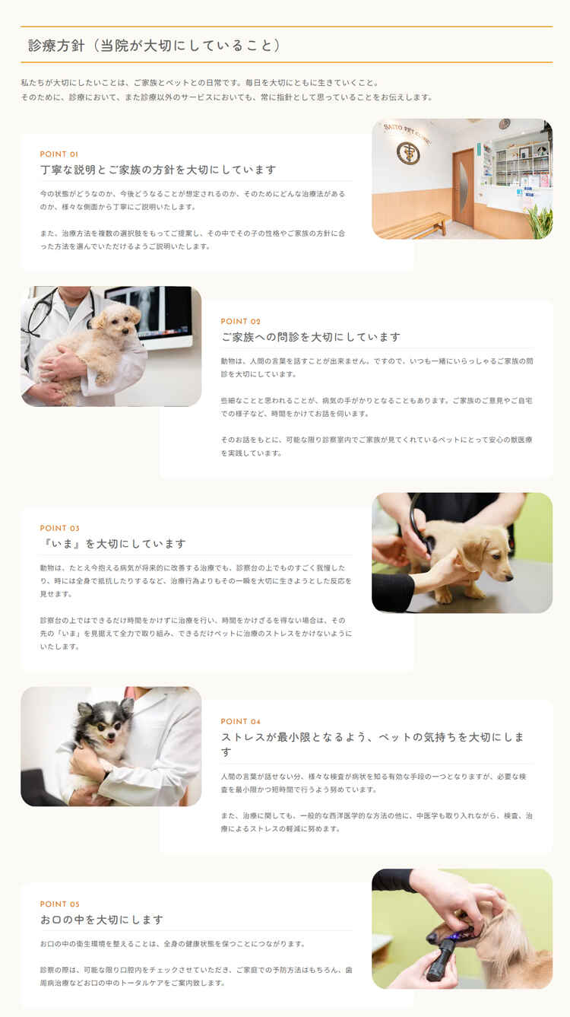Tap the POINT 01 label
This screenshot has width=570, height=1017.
(59, 154)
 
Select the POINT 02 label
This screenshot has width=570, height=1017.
(240, 322)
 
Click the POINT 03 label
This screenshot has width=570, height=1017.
(59, 529)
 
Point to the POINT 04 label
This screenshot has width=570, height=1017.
(240, 722)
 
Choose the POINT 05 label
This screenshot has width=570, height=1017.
(59, 904)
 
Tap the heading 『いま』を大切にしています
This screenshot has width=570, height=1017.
(113, 544)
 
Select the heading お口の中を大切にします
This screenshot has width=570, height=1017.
(102, 920)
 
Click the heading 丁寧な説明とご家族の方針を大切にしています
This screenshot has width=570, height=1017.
(158, 170)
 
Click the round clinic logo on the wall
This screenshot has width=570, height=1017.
(408, 153)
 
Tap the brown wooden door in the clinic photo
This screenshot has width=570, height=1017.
(463, 188)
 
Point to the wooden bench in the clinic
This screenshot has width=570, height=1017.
(414, 226)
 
